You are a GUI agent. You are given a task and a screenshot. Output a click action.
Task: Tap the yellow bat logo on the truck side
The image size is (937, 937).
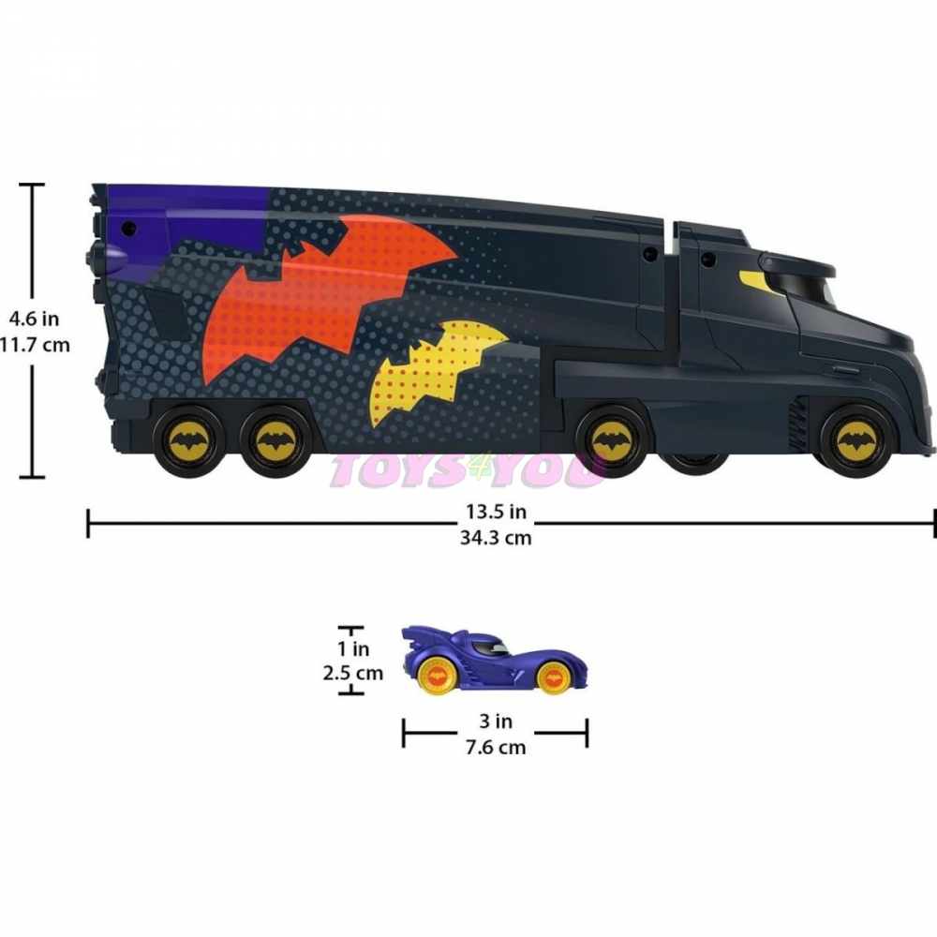pos(433,370)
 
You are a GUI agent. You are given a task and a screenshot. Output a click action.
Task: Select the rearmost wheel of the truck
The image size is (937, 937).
pos(189,441)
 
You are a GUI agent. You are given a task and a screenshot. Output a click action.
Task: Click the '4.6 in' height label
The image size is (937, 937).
pos(34,319)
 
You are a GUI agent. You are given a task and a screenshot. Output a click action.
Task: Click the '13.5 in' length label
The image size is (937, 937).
pos(496,512)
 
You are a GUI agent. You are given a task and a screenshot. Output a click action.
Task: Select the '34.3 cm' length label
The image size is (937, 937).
pos(496,538)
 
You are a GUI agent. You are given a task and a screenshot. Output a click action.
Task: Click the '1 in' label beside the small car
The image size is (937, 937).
pos(353,647)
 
